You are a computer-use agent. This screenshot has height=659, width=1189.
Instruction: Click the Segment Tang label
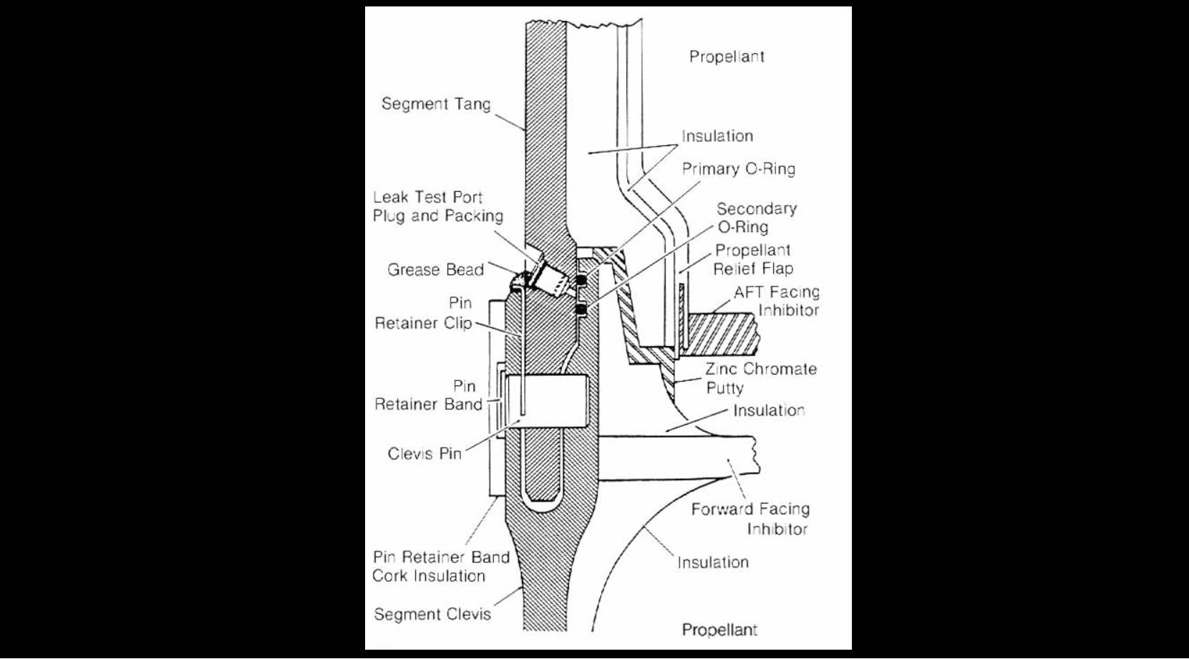(x=436, y=104)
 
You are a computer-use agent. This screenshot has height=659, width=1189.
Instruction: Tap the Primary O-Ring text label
(x=738, y=169)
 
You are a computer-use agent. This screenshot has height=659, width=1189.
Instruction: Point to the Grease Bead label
(x=435, y=270)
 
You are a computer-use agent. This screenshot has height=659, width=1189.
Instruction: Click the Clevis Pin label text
(x=424, y=453)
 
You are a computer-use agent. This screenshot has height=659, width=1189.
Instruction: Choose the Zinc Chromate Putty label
(x=761, y=378)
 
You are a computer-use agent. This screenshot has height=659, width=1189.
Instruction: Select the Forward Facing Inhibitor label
(x=751, y=519)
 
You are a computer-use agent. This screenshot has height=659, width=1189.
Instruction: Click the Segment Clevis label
(x=432, y=614)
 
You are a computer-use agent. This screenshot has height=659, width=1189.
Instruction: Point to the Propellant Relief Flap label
(x=752, y=259)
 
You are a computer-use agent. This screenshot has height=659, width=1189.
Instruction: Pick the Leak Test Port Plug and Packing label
(x=437, y=206)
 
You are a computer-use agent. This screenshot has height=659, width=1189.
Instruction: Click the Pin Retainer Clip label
(x=423, y=313)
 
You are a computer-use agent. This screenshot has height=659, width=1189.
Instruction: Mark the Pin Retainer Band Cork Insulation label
(x=440, y=566)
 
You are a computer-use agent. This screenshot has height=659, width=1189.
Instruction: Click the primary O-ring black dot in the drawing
(x=581, y=278)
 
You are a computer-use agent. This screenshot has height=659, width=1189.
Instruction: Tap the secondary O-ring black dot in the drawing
(x=581, y=309)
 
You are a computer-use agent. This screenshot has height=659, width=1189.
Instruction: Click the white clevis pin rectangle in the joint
(x=547, y=401)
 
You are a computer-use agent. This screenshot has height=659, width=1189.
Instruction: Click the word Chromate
(x=780, y=369)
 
